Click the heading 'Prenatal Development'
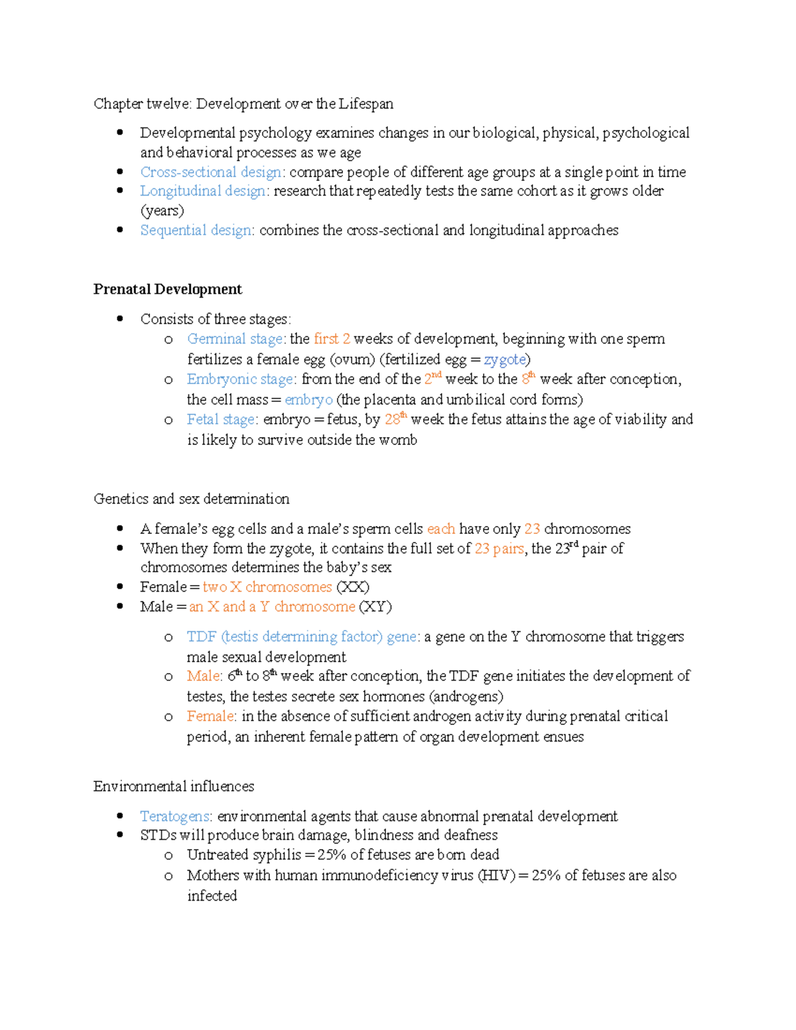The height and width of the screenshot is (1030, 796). (167, 289)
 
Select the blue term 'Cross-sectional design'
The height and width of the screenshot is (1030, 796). (211, 172)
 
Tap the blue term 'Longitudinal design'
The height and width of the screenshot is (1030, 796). (203, 191)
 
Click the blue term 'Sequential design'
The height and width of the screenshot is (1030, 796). (196, 230)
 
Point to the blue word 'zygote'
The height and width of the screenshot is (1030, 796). (505, 359)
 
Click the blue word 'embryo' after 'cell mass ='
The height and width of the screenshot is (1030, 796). (308, 399)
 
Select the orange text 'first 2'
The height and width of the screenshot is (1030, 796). (332, 339)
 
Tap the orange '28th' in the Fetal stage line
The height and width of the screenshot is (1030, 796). (395, 419)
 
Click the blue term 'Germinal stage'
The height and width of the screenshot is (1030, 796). (235, 339)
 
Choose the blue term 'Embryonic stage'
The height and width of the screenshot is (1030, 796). (239, 379)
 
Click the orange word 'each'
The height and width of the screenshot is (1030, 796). (441, 529)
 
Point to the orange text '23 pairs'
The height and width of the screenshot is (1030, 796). (499, 548)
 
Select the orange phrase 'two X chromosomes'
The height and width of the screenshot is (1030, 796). (267, 587)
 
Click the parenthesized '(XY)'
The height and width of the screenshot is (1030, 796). (375, 607)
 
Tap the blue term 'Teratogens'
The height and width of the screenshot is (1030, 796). (174, 816)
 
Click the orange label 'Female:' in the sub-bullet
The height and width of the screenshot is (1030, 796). (210, 716)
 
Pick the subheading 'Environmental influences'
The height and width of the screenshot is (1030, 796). (174, 786)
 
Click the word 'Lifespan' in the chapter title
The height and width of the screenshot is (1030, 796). (366, 104)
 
